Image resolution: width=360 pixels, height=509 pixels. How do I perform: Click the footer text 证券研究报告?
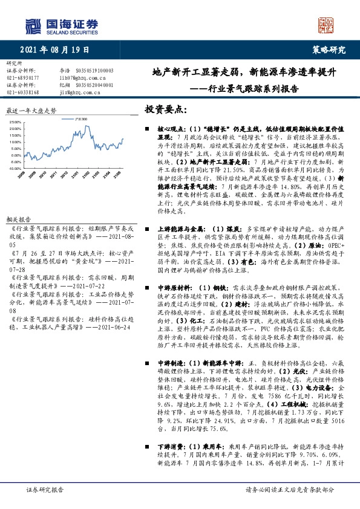pyautogui.click(x=42, y=489)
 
